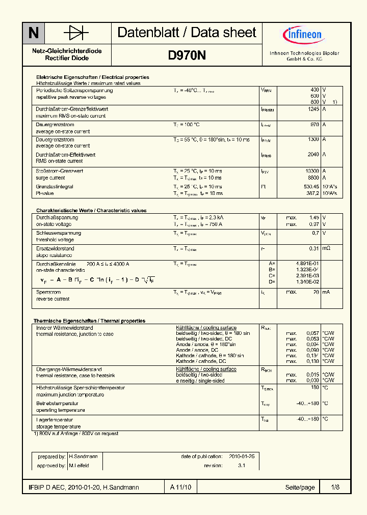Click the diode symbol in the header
(x=76, y=33)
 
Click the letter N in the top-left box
(x=33, y=33)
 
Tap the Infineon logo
(x=303, y=35)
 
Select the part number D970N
(x=187, y=55)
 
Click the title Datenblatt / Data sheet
(x=187, y=33)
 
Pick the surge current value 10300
(x=311, y=171)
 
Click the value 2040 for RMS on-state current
(x=313, y=155)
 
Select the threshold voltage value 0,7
(x=315, y=233)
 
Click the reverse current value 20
(x=316, y=292)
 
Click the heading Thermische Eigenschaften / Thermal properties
(x=89, y=321)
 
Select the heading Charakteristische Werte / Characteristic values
(x=91, y=210)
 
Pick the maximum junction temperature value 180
(x=314, y=387)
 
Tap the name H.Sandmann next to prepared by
(x=84, y=457)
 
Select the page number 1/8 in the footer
(x=334, y=488)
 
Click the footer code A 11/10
(x=180, y=488)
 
